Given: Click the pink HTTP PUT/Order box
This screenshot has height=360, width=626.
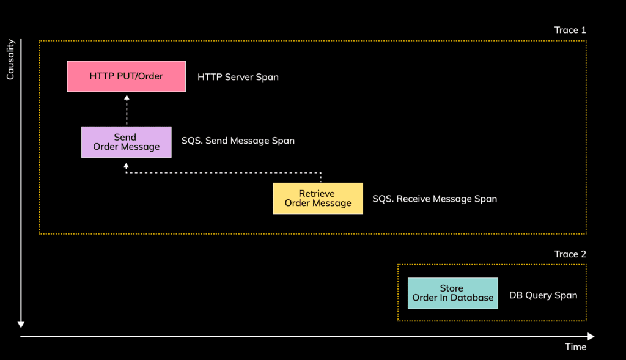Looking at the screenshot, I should (x=127, y=76).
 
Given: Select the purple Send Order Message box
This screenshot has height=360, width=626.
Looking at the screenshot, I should (x=127, y=142).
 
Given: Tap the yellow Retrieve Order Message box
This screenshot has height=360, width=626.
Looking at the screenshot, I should (x=318, y=198).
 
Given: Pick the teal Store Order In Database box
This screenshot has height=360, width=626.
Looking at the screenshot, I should (x=452, y=293).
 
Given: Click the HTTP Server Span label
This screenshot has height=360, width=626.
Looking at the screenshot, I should (x=238, y=77).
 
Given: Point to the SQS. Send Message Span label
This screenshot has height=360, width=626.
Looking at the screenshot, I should (x=238, y=141).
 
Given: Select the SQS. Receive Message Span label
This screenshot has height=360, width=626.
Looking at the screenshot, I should (x=435, y=199).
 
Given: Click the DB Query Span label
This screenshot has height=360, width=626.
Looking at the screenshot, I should (x=543, y=295).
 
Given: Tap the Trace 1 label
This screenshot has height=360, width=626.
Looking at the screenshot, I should (x=570, y=30).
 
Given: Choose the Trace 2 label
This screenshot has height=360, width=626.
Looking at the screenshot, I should (x=570, y=254).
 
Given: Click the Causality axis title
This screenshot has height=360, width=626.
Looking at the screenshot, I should (x=10, y=59).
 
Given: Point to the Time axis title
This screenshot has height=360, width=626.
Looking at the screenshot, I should (x=575, y=347).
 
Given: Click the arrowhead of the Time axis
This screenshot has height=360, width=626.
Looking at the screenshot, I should (x=591, y=336).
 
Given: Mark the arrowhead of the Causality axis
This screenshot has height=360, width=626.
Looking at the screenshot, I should (x=21, y=324).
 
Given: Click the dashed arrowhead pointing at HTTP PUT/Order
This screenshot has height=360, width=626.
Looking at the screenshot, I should (x=127, y=97).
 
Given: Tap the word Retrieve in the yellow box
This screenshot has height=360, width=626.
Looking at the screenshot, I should (x=317, y=194).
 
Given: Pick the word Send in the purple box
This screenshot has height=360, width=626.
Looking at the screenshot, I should (x=125, y=137).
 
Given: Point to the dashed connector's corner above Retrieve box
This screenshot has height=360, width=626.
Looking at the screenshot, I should (x=322, y=173).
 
